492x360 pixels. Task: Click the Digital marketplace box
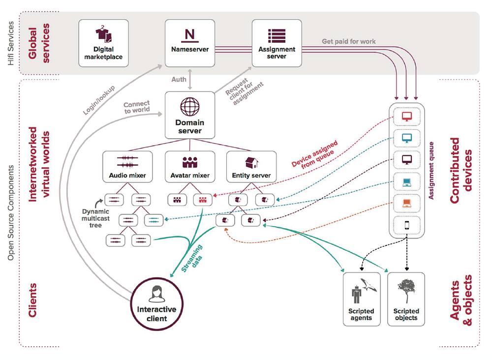tap(104, 43)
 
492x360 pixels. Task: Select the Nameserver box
tap(189, 43)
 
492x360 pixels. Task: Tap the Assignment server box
tap(277, 43)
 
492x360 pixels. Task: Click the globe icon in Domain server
tap(189, 106)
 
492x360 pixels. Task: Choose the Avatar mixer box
tap(189, 167)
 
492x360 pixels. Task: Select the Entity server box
tap(251, 167)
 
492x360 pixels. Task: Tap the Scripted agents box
tap(362, 299)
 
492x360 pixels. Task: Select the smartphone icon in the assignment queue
tap(407, 225)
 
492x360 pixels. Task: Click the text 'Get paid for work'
tap(348, 41)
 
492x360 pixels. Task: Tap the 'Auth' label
tap(179, 79)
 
